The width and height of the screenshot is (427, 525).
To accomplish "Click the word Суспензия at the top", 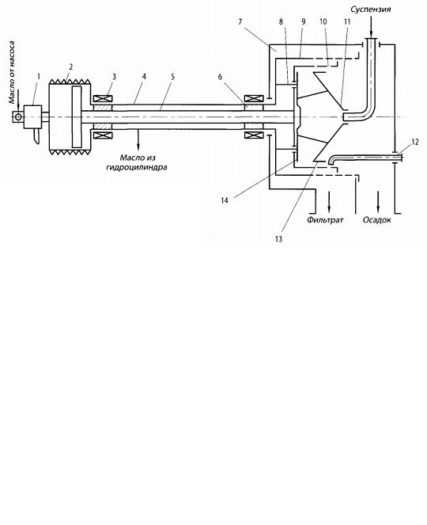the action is pyautogui.click(x=371, y=10).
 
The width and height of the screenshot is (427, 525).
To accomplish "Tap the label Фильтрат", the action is pyautogui.click(x=325, y=220).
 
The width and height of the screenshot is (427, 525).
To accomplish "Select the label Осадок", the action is pyautogui.click(x=377, y=220).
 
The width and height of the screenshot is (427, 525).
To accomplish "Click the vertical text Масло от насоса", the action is pyautogui.click(x=12, y=72).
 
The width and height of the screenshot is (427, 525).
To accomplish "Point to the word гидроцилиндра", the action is pyautogui.click(x=137, y=167).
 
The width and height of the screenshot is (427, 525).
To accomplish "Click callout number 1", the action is pyautogui.click(x=39, y=77).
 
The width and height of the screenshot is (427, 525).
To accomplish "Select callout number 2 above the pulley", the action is pyautogui.click(x=71, y=67).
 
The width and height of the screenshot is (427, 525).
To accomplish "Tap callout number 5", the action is pyautogui.click(x=172, y=77).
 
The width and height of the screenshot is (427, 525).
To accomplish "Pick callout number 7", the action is pyautogui.click(x=240, y=21).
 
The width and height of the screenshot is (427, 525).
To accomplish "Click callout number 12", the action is pyautogui.click(x=414, y=143).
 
